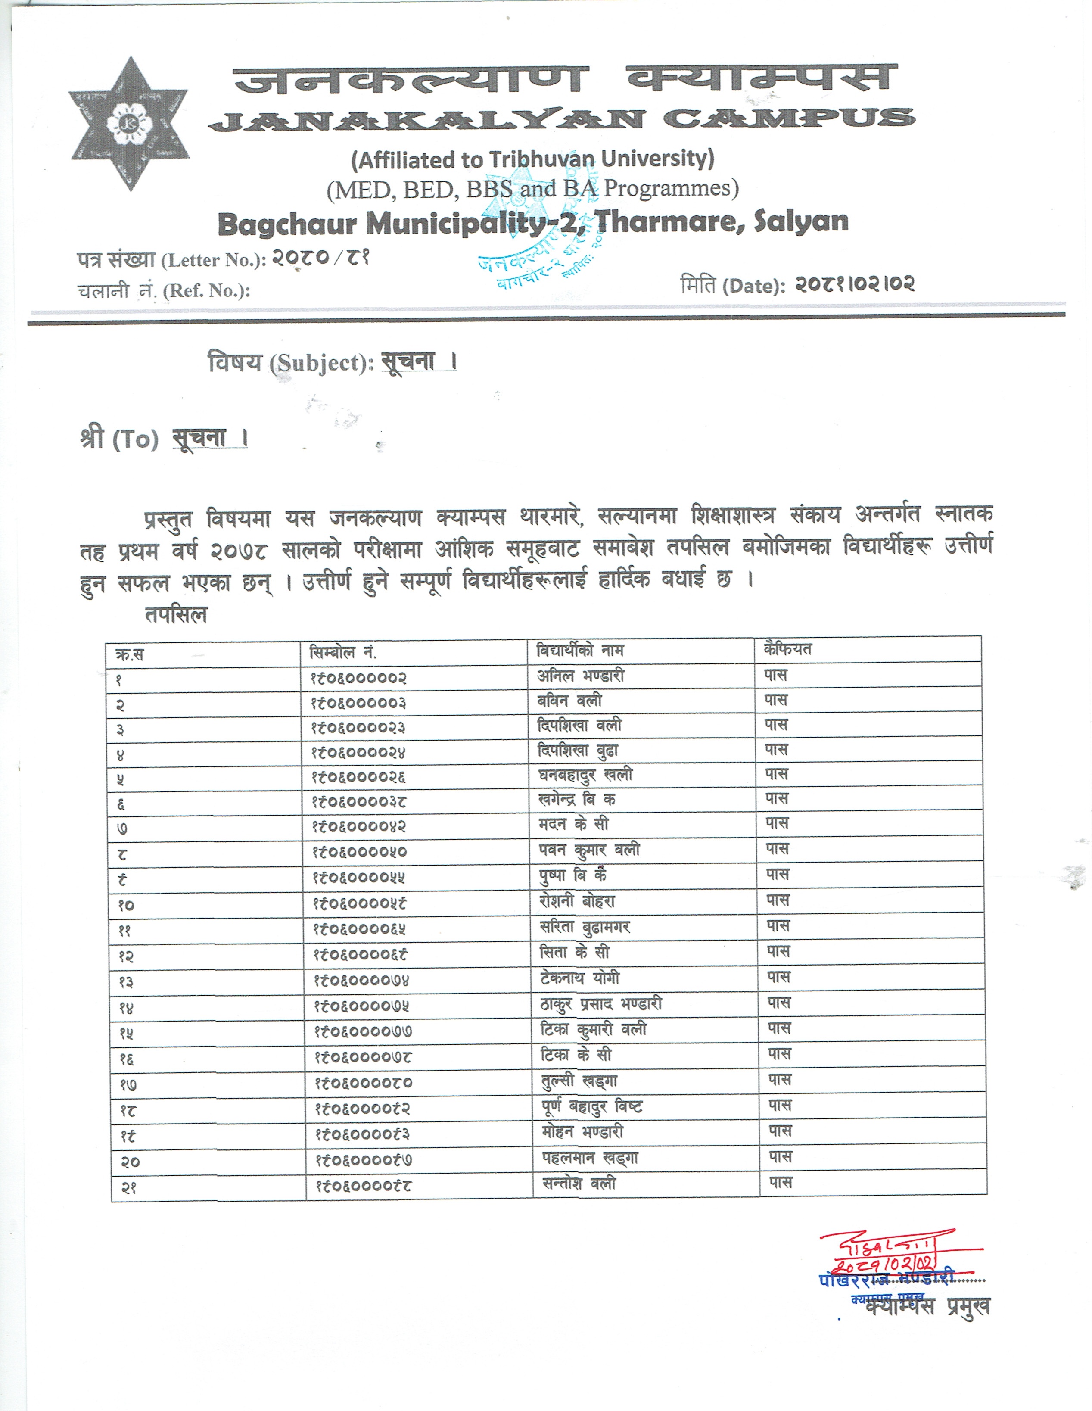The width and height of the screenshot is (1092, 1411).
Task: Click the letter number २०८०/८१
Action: point(320,259)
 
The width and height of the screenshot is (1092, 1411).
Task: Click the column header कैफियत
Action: point(787,649)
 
